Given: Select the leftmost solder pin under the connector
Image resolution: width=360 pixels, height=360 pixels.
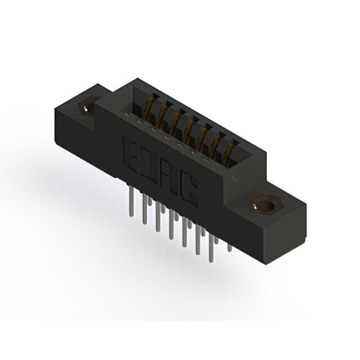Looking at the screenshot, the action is click(131, 201).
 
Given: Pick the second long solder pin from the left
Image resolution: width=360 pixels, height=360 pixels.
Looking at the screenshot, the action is click(145, 209).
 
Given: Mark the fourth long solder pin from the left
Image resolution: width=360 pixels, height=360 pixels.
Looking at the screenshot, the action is click(171, 224).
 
